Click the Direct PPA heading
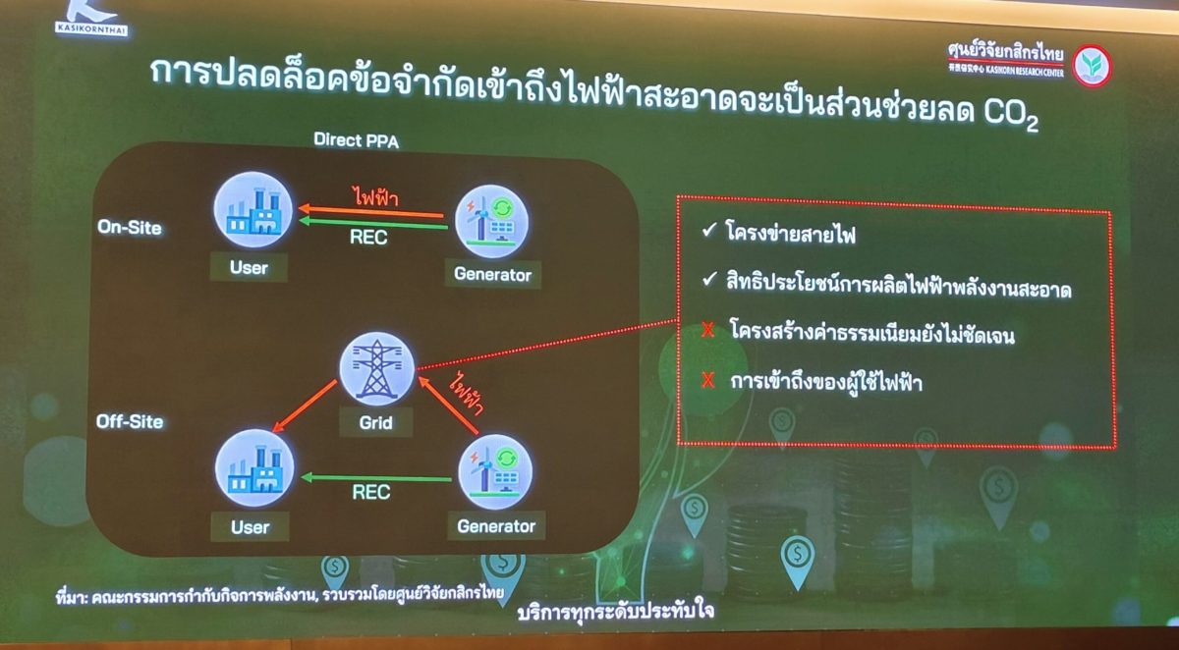(x=356, y=140)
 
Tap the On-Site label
(x=130, y=227)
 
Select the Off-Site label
(x=130, y=422)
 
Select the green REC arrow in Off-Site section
(x=376, y=478)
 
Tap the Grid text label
(x=376, y=423)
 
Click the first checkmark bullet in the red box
(x=708, y=232)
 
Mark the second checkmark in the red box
(x=708, y=283)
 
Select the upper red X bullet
(x=707, y=331)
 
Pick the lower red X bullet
(x=707, y=380)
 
